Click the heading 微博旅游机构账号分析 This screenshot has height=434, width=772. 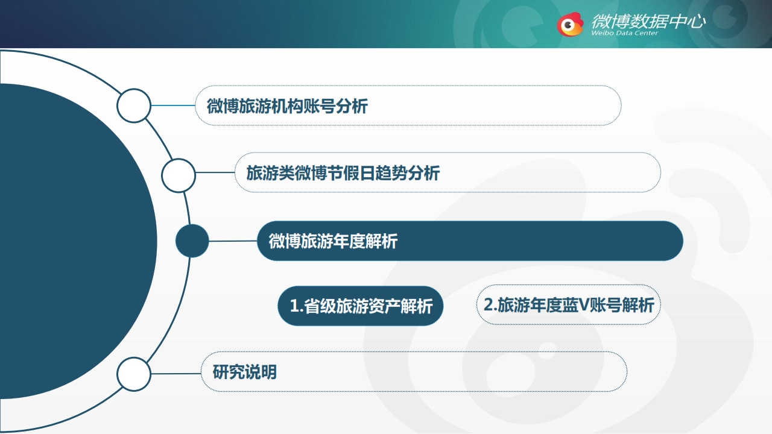tap(287, 105)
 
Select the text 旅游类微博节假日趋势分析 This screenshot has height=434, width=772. tap(343, 173)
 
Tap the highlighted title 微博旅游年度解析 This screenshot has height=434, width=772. tap(333, 241)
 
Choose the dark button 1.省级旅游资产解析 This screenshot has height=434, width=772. tap(361, 306)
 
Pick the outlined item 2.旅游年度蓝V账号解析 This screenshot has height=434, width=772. tap(569, 305)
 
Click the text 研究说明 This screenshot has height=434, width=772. tap(245, 372)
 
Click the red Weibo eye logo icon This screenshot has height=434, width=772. tap(570, 25)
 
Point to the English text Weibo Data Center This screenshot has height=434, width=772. tap(624, 33)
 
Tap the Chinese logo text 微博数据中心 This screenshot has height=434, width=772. tap(648, 21)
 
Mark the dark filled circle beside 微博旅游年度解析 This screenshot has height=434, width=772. tap(192, 241)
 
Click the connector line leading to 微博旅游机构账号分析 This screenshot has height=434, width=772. tap(173, 105)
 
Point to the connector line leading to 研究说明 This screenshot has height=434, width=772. tap(176, 373)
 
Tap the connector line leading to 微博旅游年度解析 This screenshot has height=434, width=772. tap(233, 241)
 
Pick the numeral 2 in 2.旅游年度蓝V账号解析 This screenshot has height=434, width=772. tap(489, 304)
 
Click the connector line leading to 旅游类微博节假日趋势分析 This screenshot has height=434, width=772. tap(215, 172)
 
